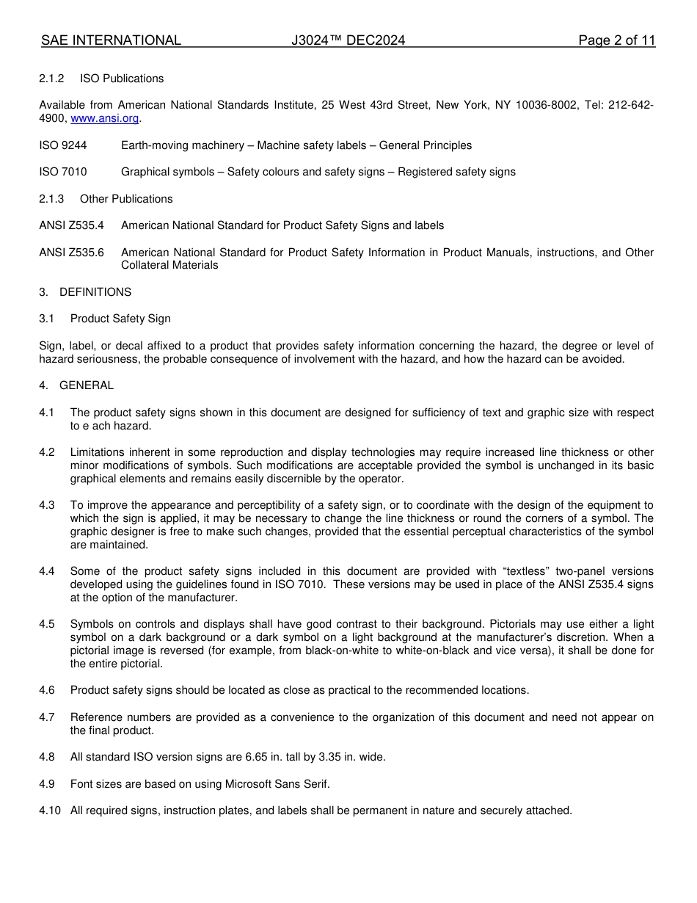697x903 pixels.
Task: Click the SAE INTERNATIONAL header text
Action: (x=111, y=40)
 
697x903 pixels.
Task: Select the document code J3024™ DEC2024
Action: (x=348, y=40)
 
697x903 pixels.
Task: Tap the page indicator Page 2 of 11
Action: (x=616, y=40)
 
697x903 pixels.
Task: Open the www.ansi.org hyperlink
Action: (x=104, y=118)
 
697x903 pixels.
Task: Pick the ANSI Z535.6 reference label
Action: (x=71, y=253)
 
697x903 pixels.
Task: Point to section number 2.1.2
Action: (x=51, y=79)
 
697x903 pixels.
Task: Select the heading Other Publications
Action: (x=126, y=199)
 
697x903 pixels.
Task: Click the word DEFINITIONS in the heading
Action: (x=95, y=292)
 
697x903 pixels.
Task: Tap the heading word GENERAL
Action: (x=87, y=385)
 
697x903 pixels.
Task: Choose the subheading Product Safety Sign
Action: (x=120, y=319)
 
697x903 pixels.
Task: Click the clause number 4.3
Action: (x=47, y=505)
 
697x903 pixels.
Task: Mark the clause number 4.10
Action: (x=50, y=810)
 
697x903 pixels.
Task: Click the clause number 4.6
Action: (x=47, y=690)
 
